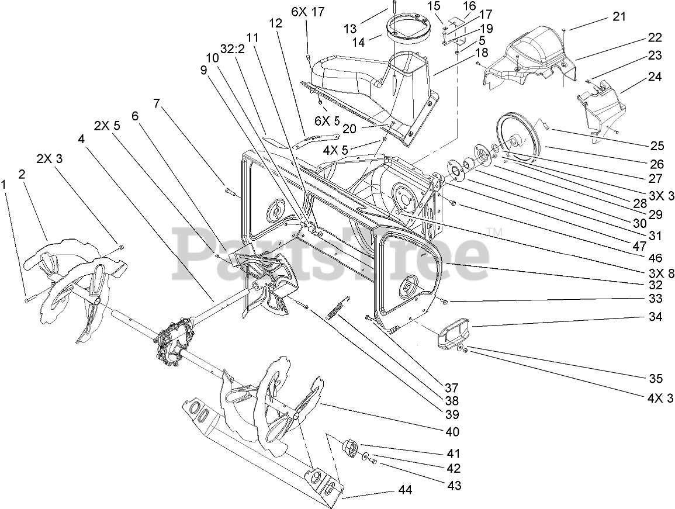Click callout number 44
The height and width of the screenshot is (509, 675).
[405, 490]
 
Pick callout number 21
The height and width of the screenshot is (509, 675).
[618, 17]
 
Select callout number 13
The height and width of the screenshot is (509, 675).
[366, 29]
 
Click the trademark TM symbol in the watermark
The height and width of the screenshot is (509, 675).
[496, 232]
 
